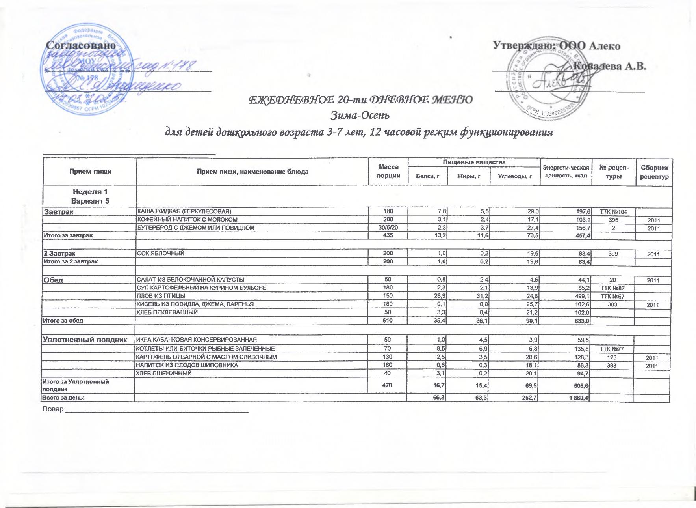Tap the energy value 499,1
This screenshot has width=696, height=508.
580,296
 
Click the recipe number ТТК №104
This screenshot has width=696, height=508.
613,212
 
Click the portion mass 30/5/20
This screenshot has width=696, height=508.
388,228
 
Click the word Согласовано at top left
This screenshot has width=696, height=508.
82,45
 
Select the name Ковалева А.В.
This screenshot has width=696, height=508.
610,66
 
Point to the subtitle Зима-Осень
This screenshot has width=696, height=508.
360,116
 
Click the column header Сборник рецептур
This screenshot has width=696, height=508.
654,172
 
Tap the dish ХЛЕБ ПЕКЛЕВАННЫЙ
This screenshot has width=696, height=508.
167,312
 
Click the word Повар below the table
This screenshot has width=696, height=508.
53,409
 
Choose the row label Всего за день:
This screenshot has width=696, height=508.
64,398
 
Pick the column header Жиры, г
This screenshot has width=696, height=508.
469,176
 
